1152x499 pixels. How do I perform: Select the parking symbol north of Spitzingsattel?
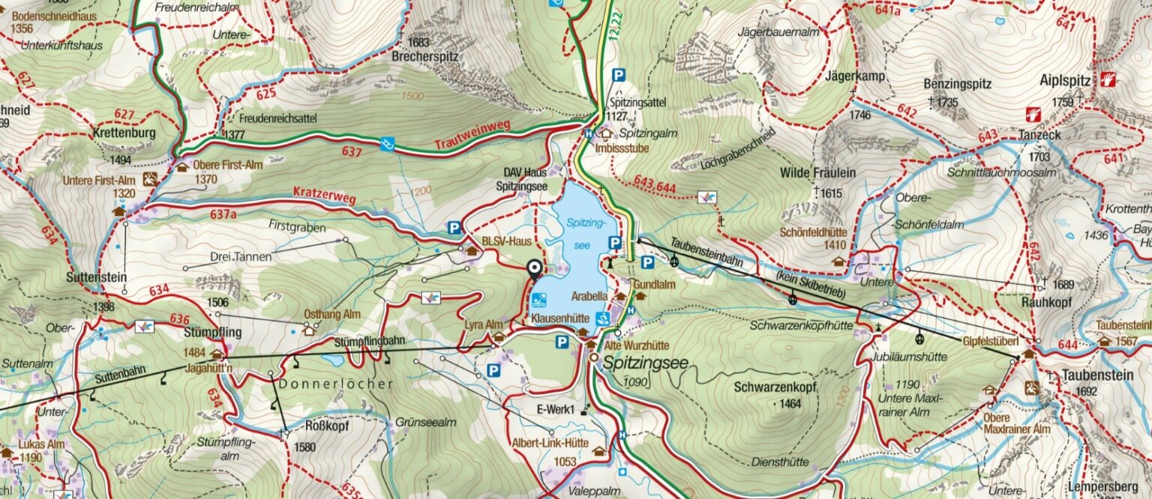coord(618,75)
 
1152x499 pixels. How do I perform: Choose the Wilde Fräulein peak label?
coord(818,173)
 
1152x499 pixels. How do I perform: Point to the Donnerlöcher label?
coord(336,384)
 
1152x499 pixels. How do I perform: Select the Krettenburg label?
coord(124,133)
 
